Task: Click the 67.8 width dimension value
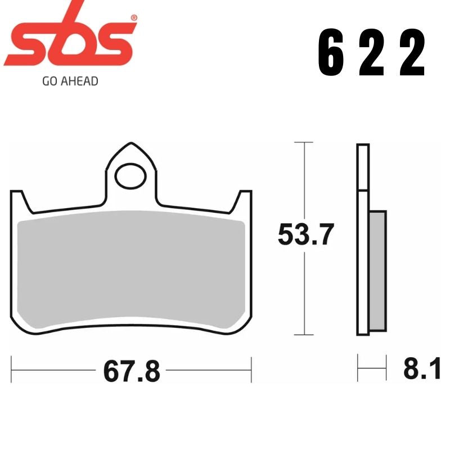[131, 372]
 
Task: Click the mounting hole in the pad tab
[130, 176]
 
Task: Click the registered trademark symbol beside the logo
[133, 19]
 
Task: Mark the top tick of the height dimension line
[304, 143]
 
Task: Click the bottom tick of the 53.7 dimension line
[304, 335]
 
